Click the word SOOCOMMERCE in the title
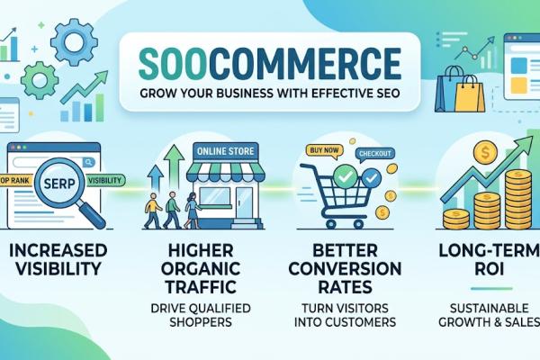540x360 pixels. coord(270,66)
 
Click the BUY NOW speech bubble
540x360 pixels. coord(320,151)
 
